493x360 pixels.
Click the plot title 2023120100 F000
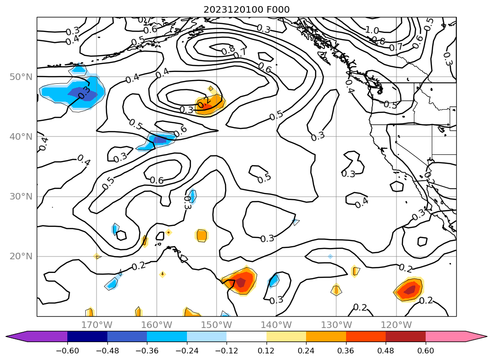click(246, 9)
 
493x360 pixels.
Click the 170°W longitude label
click(97, 325)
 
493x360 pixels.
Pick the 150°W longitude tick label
click(216, 325)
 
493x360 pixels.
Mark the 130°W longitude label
click(336, 325)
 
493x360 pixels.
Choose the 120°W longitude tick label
click(396, 325)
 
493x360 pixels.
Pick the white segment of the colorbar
click(246, 336)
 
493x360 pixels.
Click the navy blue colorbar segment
click(87, 336)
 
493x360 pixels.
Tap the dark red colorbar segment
click(405, 336)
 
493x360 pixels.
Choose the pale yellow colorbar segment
click(286, 336)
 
